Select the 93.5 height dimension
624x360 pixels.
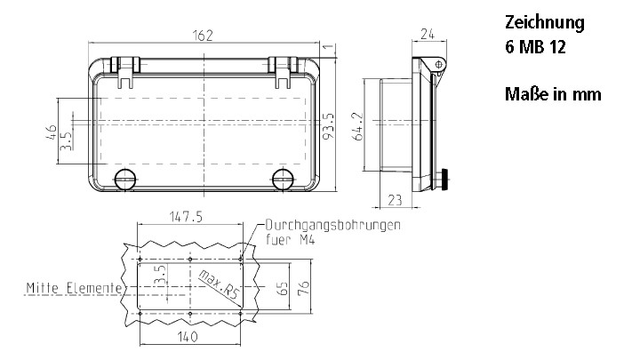coord(329,126)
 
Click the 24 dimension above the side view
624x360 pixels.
coord(428,36)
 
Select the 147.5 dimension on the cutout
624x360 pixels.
coord(186,216)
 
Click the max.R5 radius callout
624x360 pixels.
coord(220,285)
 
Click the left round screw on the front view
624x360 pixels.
coord(124,178)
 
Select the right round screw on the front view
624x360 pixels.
coord(284,178)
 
